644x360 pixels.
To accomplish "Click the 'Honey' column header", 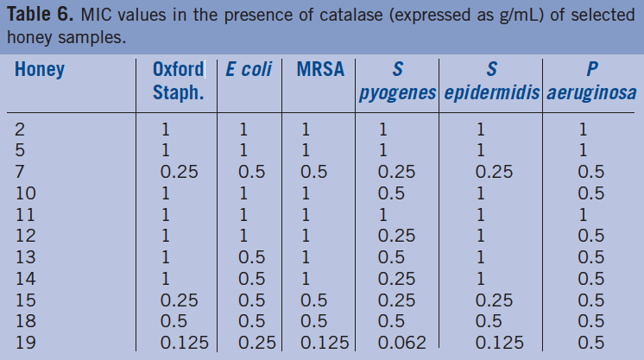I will click(x=40, y=70).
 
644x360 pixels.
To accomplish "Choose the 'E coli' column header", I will click(x=249, y=70).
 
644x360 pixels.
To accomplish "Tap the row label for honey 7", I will click(x=20, y=172).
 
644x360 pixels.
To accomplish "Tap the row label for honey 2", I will click(x=20, y=129).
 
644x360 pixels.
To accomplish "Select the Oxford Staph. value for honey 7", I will click(x=180, y=172).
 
